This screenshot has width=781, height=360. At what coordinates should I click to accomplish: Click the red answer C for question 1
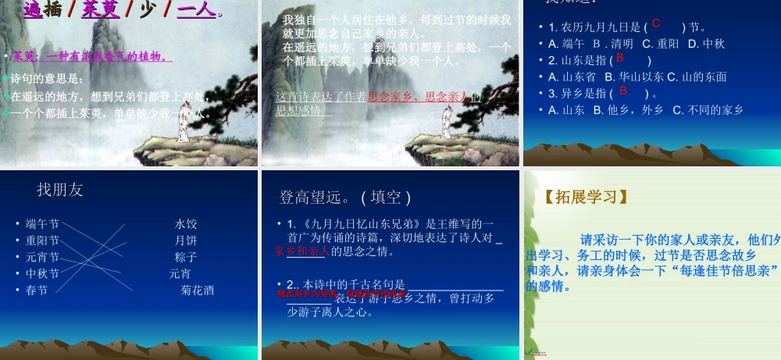click(x=656, y=24)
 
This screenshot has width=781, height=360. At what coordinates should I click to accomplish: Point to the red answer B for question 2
click(x=620, y=58)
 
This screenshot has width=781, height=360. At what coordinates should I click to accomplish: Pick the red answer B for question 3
click(x=623, y=91)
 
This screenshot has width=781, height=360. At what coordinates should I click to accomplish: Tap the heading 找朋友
click(x=60, y=190)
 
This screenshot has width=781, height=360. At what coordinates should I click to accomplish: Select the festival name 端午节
click(x=42, y=224)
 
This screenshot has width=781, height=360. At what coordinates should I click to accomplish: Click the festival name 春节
click(x=37, y=290)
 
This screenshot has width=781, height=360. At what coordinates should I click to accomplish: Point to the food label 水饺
click(x=186, y=224)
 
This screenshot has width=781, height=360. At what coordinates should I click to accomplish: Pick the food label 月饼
click(x=186, y=241)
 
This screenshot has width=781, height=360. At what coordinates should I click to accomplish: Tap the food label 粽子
click(x=186, y=257)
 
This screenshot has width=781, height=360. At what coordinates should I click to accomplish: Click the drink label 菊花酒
click(x=197, y=290)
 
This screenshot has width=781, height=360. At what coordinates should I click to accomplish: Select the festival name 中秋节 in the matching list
click(x=42, y=273)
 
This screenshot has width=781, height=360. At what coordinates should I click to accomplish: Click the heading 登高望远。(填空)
click(x=345, y=197)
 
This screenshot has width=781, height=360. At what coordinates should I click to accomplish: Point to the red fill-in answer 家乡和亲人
click(x=302, y=251)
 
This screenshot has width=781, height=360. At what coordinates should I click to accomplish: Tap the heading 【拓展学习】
click(x=587, y=196)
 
